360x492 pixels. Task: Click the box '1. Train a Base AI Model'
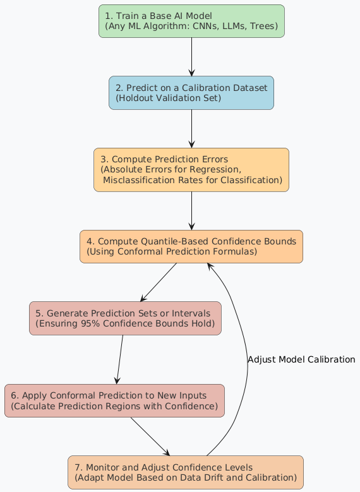191,21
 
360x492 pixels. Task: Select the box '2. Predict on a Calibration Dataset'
191,92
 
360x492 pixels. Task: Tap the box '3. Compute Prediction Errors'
191,169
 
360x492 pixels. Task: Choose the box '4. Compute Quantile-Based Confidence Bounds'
191,246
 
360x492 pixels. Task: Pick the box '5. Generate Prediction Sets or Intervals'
125,318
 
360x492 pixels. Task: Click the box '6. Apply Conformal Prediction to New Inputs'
114,400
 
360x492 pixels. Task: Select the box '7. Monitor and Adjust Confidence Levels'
186,472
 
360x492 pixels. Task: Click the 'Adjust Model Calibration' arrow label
301,359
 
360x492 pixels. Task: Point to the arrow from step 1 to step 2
191,57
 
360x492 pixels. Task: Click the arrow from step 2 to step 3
191,129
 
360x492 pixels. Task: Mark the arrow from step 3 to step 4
191,210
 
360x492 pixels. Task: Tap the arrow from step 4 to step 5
158,282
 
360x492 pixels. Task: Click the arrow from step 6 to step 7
150,436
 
